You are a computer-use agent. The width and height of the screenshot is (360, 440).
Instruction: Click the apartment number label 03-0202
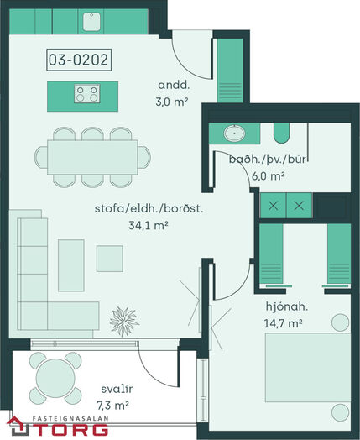(79, 60)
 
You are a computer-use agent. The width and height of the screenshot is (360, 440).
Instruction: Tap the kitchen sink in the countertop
(91, 22)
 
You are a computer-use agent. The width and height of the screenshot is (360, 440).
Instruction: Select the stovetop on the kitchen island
(87, 94)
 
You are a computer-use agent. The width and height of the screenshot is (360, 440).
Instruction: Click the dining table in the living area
(92, 157)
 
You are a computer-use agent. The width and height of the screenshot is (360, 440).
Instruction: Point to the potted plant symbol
(124, 322)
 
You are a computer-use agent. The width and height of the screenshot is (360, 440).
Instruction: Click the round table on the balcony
(55, 378)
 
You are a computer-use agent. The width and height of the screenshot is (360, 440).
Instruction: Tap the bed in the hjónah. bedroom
(308, 368)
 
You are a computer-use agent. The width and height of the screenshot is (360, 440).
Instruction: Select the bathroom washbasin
(234, 133)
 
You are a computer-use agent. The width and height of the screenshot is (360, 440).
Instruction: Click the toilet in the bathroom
(281, 133)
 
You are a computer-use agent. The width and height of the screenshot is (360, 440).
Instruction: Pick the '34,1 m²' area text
(149, 225)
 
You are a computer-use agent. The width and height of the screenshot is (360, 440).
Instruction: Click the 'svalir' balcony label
(117, 389)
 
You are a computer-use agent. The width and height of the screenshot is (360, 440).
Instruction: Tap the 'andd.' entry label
(174, 85)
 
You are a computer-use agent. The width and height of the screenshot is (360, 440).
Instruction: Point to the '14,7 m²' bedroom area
(283, 323)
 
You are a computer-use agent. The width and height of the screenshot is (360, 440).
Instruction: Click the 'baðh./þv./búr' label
(268, 160)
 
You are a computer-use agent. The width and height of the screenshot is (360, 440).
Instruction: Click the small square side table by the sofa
(110, 259)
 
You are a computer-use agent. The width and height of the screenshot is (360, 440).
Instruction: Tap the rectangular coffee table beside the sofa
(71, 265)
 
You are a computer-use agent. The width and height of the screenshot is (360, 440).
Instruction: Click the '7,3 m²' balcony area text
(112, 406)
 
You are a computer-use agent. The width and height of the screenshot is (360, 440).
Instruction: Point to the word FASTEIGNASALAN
(70, 418)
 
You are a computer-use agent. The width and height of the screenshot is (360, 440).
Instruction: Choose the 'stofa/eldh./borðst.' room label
(149, 209)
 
